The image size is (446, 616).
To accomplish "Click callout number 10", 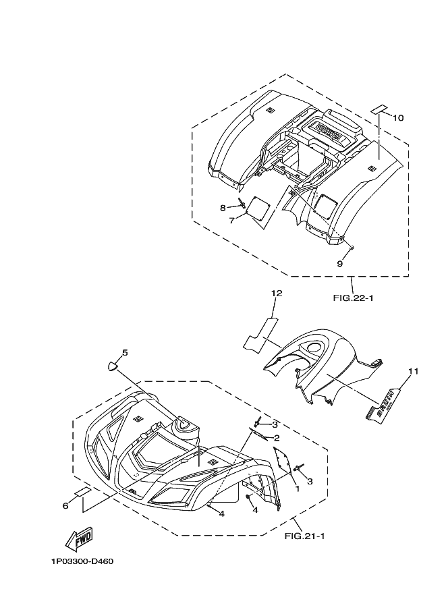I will click(x=398, y=118).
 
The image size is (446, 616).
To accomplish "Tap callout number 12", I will click(x=277, y=293).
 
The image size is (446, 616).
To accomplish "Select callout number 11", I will click(x=413, y=371).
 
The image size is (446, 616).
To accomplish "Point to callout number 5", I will click(x=124, y=352).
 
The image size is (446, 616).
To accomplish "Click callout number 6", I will click(x=65, y=505).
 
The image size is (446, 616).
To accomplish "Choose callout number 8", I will click(x=223, y=208).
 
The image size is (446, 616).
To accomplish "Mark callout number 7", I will click(x=231, y=221).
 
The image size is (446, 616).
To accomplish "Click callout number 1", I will click(x=297, y=487).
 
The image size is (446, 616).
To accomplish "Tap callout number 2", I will click(x=276, y=438).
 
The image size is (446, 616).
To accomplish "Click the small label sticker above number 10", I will click(x=381, y=108).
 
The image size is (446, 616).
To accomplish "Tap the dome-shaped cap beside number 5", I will click(x=113, y=366).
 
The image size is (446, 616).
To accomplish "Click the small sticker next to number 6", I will click(x=82, y=492).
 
